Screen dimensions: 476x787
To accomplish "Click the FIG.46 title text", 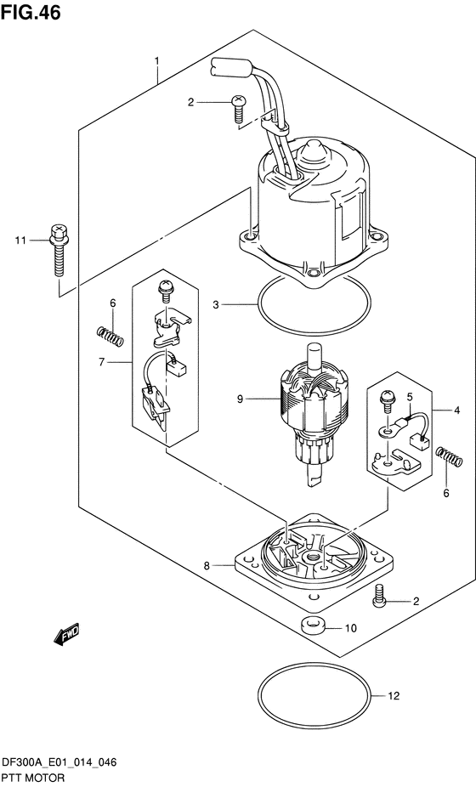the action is (x=31, y=12).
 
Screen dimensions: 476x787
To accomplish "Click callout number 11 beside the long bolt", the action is (x=20, y=241).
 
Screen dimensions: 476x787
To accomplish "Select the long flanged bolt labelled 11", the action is (x=59, y=251).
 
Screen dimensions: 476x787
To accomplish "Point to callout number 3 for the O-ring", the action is (x=215, y=304).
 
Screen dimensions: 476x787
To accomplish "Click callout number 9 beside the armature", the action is (x=240, y=399).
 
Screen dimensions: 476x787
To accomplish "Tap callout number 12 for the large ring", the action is (x=394, y=696).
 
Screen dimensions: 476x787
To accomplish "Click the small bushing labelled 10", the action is (x=314, y=626).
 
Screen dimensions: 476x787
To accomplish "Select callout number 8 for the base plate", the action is (x=207, y=566).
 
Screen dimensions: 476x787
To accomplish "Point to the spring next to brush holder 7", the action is (x=110, y=336).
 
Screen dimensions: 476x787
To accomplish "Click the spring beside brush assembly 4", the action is (x=449, y=457).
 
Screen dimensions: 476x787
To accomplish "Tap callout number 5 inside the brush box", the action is (x=409, y=398).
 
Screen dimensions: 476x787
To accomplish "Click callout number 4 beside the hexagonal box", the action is (x=457, y=410).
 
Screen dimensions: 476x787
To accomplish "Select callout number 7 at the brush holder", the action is (x=101, y=361).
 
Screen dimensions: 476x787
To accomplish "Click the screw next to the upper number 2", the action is (x=237, y=108).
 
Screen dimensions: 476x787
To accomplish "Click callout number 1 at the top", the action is (x=157, y=61).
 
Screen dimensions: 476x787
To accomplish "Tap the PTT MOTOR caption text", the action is (x=34, y=778).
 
